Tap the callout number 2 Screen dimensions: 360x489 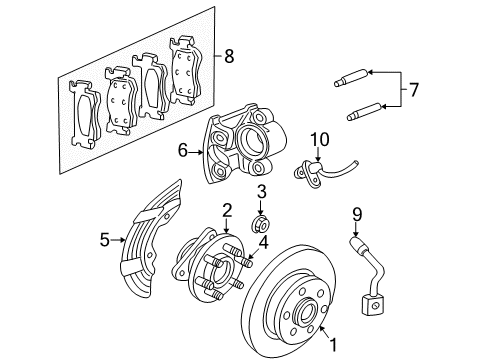click(227, 209)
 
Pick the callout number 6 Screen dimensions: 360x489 click(183, 150)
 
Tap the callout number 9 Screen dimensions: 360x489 click(357, 212)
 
